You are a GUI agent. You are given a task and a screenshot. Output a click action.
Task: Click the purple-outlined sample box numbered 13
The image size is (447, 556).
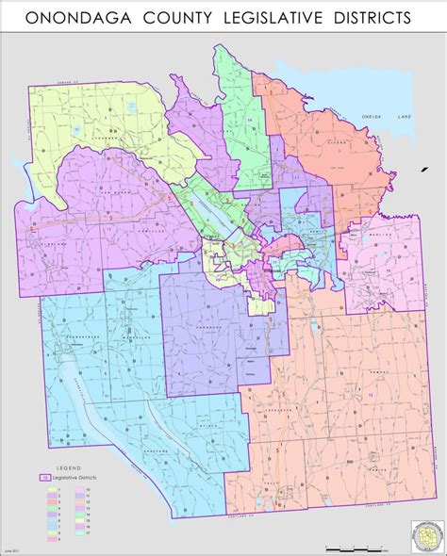click(x=44, y=479)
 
